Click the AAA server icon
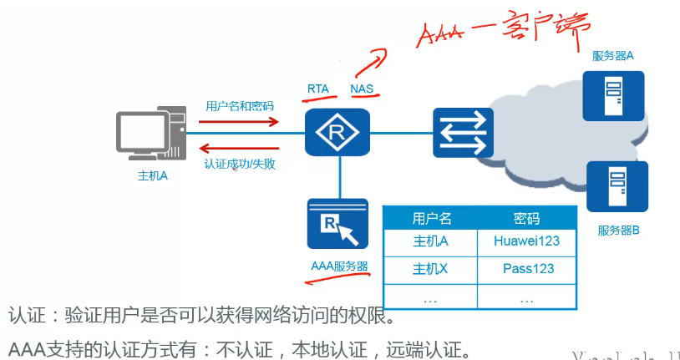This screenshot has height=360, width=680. tap(337, 223)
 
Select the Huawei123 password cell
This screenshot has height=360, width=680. tap(526, 241)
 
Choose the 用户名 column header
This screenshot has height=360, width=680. tap(431, 218)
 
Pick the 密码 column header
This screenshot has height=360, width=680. tap(527, 218)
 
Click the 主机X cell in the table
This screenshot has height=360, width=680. tap(431, 269)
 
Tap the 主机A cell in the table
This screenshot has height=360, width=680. tap(431, 241)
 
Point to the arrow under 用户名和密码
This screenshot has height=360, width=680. tap(239, 121)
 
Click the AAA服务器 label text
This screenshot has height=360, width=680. tap(338, 266)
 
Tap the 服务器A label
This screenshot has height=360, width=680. tap(612, 56)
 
